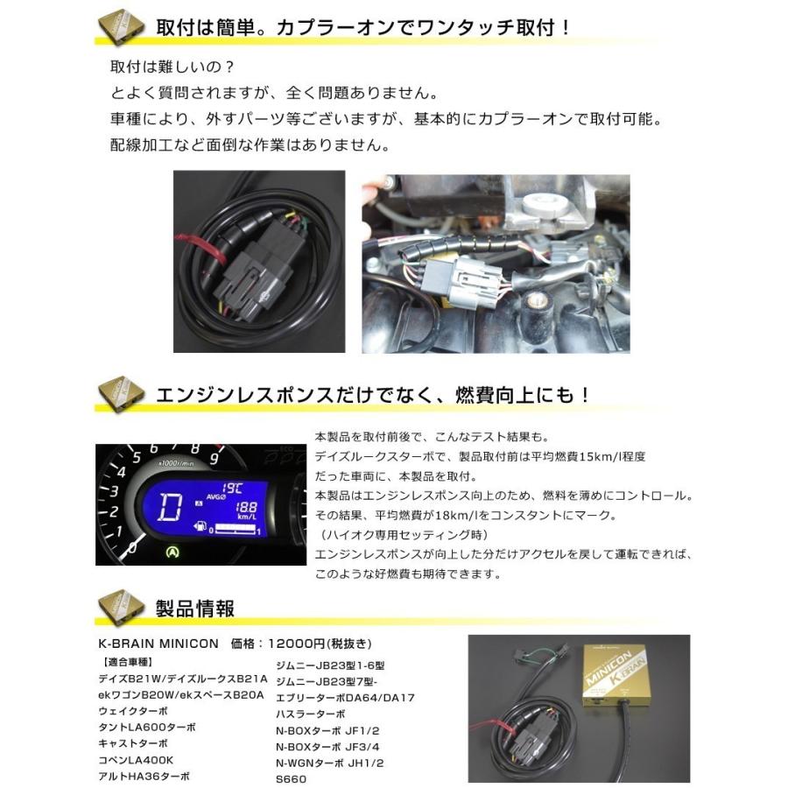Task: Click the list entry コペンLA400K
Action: coord(136,760)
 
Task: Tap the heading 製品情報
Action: coord(194,606)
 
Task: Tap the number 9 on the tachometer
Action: coord(214,457)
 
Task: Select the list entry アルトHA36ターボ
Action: coord(144,776)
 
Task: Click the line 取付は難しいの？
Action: coord(160,68)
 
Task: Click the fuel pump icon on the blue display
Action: coord(201,527)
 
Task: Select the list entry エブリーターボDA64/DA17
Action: coord(344,697)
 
